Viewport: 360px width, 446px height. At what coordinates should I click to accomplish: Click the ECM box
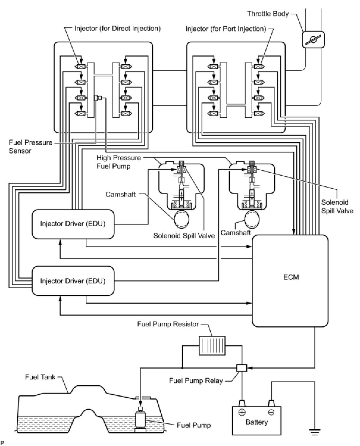coord(290,280)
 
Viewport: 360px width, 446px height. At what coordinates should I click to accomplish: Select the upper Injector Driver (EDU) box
coord(73,224)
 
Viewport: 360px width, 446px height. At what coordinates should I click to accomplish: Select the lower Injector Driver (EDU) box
coord(73,281)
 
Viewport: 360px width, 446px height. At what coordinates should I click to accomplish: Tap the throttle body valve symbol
coord(313,40)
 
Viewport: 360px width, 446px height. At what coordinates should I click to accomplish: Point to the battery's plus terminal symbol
coord(242,412)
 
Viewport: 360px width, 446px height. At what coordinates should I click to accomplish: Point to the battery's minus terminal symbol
coord(271,412)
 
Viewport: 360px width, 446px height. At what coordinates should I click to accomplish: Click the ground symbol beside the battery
coord(315,432)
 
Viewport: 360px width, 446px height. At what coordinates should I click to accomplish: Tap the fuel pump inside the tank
coord(140,420)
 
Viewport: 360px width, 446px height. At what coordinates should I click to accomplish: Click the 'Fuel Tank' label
coord(40,377)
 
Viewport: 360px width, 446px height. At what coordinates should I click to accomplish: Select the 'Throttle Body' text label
coord(268,14)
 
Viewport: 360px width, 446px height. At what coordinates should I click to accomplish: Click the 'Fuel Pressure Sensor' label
coord(31,146)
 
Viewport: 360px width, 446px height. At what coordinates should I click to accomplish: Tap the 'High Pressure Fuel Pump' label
coord(119,162)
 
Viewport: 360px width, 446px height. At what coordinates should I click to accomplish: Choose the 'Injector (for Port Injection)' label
coord(226,29)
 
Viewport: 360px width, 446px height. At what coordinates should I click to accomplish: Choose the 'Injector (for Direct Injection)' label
coord(118,29)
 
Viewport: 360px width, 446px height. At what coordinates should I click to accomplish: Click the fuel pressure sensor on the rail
coord(98,98)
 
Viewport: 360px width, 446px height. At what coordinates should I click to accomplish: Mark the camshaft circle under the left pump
coord(181,219)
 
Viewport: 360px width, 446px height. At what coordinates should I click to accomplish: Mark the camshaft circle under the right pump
coord(252,219)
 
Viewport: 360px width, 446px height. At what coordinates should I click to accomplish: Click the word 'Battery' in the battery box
coord(257,422)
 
